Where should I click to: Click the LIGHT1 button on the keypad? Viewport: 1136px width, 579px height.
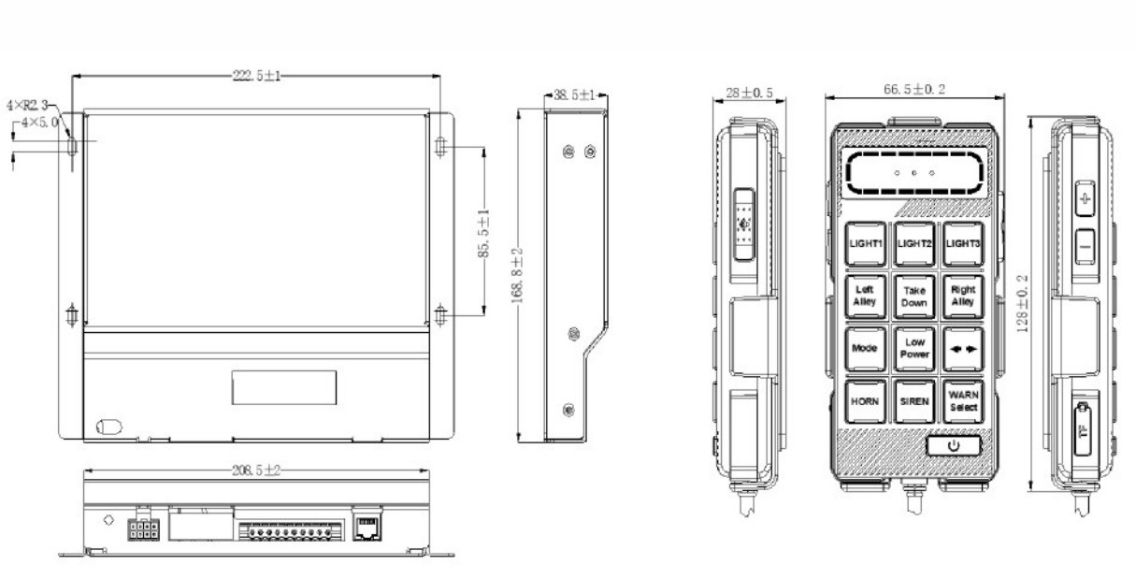click(x=866, y=243)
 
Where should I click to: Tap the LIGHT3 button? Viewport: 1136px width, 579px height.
click(x=963, y=243)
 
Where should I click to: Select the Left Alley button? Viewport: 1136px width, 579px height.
click(x=866, y=296)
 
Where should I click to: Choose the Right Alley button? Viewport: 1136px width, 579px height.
click(x=963, y=296)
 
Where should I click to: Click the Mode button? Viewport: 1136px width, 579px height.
click(x=866, y=348)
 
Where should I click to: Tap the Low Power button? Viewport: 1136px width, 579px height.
click(x=914, y=348)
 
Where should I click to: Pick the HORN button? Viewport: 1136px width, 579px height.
click(x=866, y=400)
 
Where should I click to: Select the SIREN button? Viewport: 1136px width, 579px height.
click(x=914, y=400)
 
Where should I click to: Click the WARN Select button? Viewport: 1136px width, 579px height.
click(x=963, y=400)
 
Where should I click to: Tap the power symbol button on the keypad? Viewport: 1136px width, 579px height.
click(x=954, y=445)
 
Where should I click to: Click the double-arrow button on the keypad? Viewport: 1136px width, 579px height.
click(x=963, y=348)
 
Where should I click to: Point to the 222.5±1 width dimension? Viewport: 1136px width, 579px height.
click(x=254, y=76)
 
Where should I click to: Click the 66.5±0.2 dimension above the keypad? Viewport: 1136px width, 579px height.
click(x=914, y=89)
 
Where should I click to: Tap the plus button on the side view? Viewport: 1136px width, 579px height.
click(x=1085, y=199)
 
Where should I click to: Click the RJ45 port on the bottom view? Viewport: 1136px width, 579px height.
click(x=365, y=528)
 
